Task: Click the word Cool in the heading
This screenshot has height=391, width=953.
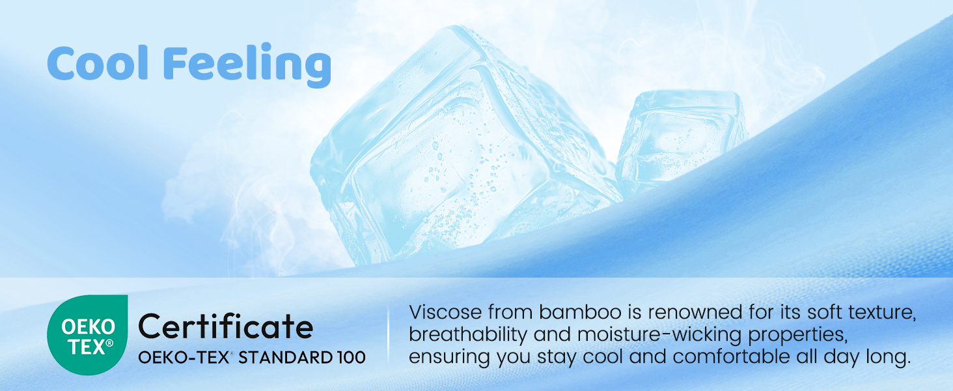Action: coord(98,63)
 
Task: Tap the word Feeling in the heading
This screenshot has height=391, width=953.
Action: coord(247,65)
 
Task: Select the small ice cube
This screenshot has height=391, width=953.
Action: coord(681,141)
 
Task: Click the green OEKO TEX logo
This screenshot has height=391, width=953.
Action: coord(87,335)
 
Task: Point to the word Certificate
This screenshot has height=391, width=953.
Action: coord(226,326)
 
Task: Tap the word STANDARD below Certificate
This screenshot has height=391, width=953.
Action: coord(285,357)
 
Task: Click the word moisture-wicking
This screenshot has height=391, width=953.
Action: coord(659,334)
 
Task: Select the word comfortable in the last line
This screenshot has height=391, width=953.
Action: coord(731,356)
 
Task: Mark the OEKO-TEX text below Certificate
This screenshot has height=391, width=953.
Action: coord(184,357)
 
